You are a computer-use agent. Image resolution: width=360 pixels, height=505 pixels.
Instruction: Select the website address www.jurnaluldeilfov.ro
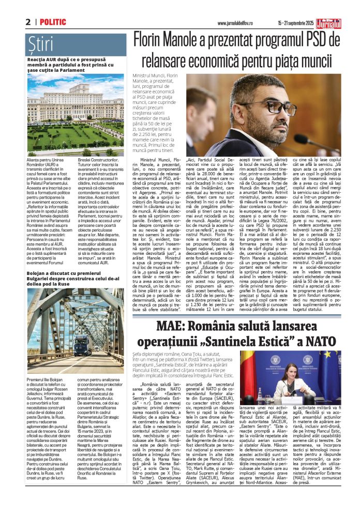[231, 23]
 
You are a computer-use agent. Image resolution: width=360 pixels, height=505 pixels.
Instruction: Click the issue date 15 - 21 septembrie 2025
[295, 23]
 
